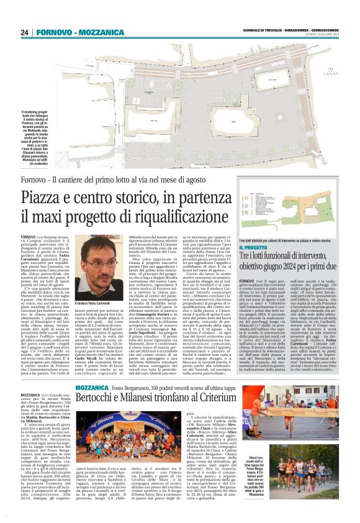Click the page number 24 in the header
tap(25, 32)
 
